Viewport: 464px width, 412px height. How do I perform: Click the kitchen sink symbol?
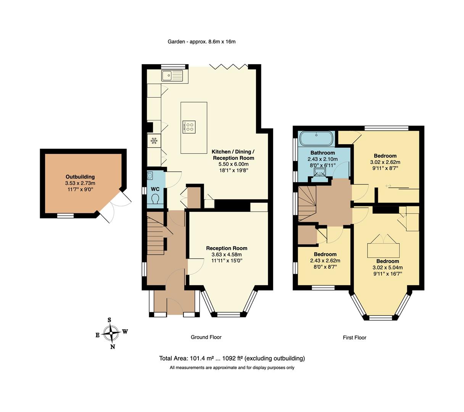point(172,76)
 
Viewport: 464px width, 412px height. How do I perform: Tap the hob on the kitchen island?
point(189,127)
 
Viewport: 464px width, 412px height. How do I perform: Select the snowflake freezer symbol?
point(154,141)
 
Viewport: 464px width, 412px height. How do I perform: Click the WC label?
point(155,189)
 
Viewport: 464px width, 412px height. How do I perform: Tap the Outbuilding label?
point(80,177)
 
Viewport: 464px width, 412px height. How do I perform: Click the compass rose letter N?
point(113,347)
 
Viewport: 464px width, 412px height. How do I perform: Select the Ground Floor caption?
point(206,337)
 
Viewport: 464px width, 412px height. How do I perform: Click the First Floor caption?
point(354,338)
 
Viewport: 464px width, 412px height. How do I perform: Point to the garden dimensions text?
point(201,42)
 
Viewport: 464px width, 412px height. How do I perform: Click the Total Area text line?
point(232,359)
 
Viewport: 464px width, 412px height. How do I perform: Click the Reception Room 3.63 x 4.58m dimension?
point(227,255)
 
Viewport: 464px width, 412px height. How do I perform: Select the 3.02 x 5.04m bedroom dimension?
point(387,268)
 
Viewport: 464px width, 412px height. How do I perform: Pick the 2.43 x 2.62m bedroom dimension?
point(325,261)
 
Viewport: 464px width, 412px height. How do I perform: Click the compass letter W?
point(125,332)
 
